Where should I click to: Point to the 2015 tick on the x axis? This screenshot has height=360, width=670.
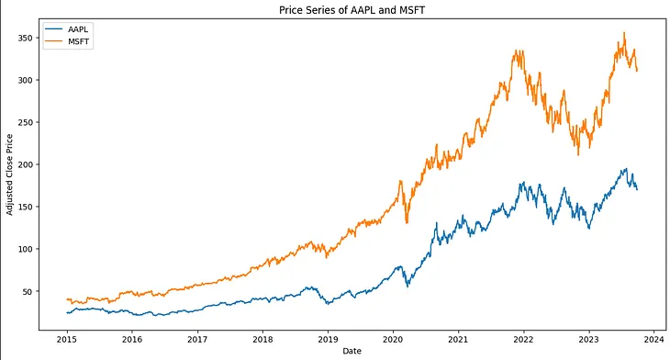pyautogui.click(x=67, y=337)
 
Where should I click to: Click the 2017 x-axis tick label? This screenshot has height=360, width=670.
pyautogui.click(x=197, y=337)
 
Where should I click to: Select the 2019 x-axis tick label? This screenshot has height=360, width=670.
pyautogui.click(x=328, y=337)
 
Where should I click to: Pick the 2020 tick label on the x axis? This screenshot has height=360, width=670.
pyautogui.click(x=393, y=337)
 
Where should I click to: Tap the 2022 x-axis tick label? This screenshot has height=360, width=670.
pyautogui.click(x=523, y=337)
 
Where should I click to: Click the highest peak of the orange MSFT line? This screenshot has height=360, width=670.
pyautogui.click(x=624, y=33)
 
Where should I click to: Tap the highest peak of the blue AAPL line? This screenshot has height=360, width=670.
pyautogui.click(x=626, y=168)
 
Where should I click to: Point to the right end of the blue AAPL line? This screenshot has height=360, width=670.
pyautogui.click(x=638, y=189)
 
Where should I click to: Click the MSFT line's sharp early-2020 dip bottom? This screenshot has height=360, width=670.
pyautogui.click(x=407, y=222)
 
